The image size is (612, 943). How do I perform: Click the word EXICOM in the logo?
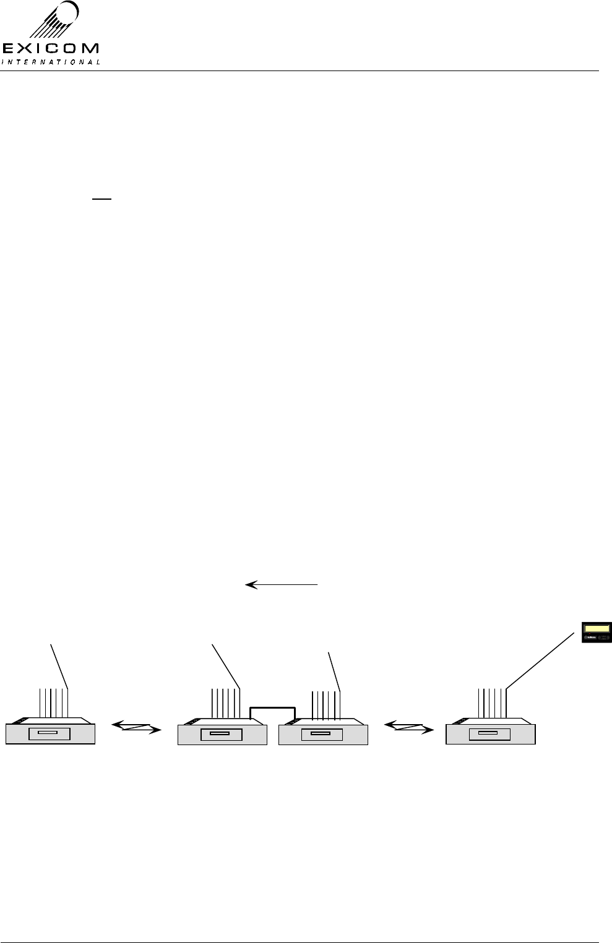51,48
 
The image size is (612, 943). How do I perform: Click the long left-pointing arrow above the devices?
282,584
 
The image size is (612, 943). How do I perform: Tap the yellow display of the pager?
596,629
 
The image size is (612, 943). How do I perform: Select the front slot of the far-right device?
489,734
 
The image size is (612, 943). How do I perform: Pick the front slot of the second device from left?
220,734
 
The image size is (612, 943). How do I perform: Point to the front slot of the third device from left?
321,734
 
